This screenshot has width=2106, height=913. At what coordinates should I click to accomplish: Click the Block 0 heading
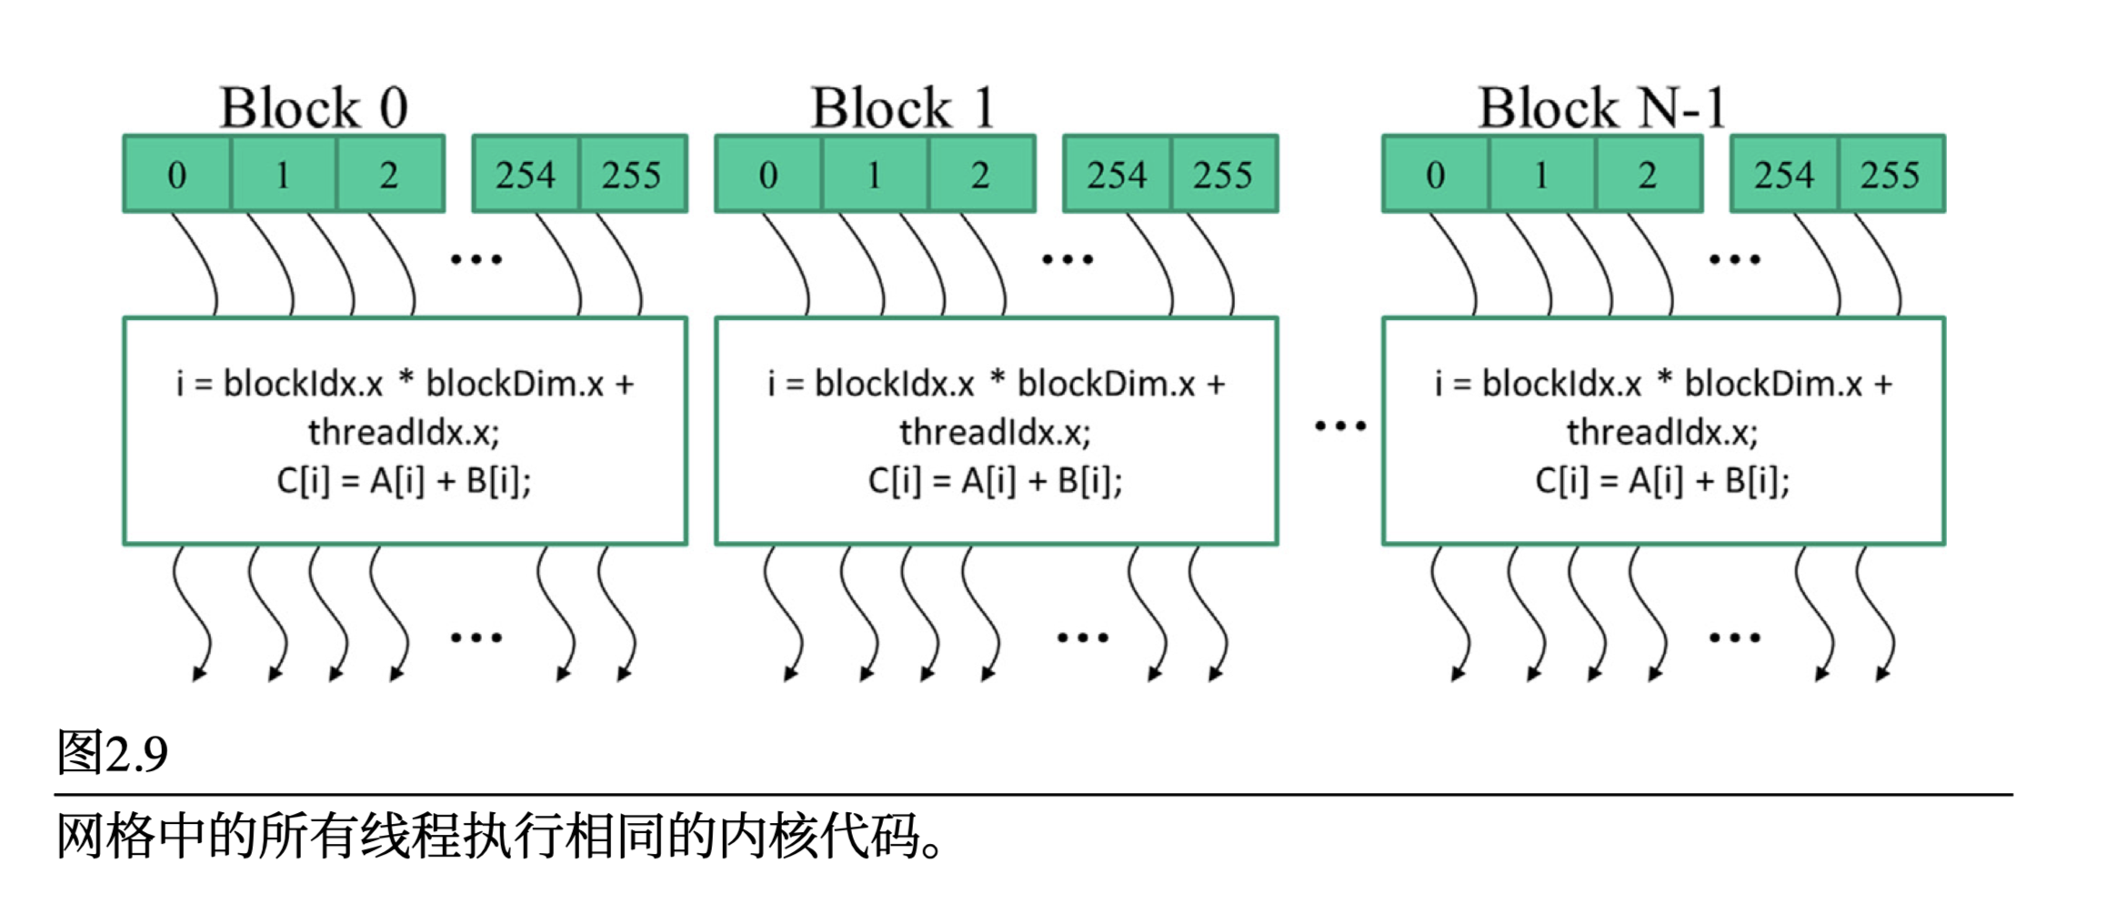tap(314, 107)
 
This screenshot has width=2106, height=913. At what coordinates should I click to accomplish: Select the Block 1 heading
tap(903, 107)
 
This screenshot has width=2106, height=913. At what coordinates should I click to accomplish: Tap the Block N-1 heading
tap(1601, 107)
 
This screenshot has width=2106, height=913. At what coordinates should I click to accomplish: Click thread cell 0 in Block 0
tap(177, 175)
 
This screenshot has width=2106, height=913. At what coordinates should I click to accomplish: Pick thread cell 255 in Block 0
tap(632, 175)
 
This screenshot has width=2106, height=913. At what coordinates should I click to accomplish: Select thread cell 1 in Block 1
tap(875, 175)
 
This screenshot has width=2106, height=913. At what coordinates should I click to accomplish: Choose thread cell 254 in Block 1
tap(1118, 175)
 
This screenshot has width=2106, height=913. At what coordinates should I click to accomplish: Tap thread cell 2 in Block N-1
tap(1648, 175)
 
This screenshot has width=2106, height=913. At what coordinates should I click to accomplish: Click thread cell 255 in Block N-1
tap(1890, 175)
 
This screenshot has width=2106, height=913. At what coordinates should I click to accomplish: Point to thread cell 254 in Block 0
tap(526, 175)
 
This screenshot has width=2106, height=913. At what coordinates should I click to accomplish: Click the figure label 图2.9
tap(113, 753)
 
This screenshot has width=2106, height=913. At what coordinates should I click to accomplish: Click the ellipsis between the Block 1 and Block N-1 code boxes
tap(1340, 426)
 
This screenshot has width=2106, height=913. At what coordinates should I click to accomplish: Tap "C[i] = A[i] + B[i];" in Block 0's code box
tap(405, 480)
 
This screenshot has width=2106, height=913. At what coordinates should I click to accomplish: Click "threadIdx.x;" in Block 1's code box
tap(996, 432)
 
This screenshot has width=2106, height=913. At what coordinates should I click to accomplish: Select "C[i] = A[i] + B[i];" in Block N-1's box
tap(1663, 480)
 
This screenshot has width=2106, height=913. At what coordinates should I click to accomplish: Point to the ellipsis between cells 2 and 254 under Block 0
tap(476, 260)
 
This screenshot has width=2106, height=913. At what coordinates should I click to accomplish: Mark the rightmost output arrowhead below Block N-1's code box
tap(1881, 674)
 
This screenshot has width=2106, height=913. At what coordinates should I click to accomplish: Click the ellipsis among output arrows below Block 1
tap(1083, 637)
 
